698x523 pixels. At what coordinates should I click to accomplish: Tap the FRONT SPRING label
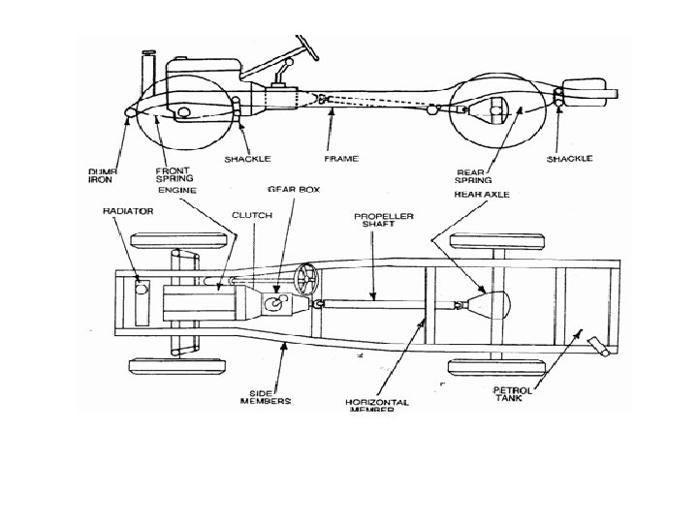(174, 173)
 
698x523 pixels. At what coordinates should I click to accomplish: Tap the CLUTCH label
(250, 215)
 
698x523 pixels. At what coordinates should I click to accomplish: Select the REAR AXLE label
(482, 194)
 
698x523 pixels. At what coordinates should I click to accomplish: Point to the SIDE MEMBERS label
(264, 394)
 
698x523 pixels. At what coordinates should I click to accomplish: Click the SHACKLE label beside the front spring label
(248, 158)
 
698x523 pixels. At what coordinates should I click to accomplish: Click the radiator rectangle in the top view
(140, 302)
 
